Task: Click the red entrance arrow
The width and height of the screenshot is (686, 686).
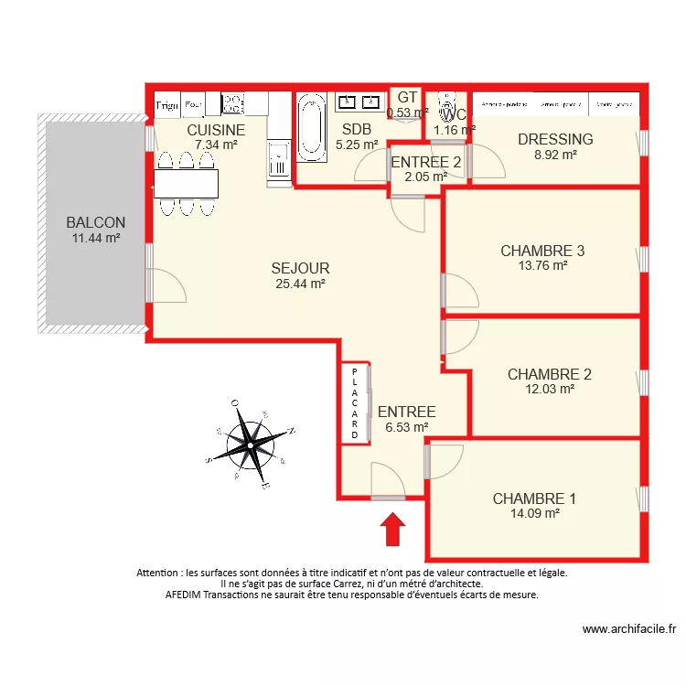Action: coord(392,529)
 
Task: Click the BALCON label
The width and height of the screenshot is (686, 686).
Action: coord(95,222)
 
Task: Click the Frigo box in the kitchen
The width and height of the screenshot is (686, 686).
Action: coord(166,105)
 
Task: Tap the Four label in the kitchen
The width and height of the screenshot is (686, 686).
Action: coord(193,105)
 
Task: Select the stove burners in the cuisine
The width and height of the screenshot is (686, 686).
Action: coord(232,103)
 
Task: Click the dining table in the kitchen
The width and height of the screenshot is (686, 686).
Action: coord(187,185)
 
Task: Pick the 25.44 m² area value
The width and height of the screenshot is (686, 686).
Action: coord(300,284)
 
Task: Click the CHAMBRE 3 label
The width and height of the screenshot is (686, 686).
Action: coord(542,251)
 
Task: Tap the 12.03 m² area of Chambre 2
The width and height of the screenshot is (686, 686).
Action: coord(549,389)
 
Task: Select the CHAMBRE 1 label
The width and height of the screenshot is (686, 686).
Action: coord(534,498)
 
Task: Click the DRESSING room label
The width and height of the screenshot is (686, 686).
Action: coord(555,139)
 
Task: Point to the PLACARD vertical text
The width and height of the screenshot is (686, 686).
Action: coord(355,403)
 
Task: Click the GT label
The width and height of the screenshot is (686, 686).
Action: coord(407,97)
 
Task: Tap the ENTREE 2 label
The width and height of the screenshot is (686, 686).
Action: coord(425,162)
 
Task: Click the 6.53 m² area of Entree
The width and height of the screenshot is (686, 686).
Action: coord(406,426)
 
